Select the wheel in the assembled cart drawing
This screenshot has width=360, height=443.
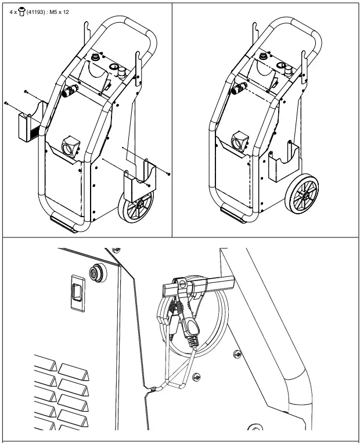coord(303,195)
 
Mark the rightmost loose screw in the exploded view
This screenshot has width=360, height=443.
coord(167,173)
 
